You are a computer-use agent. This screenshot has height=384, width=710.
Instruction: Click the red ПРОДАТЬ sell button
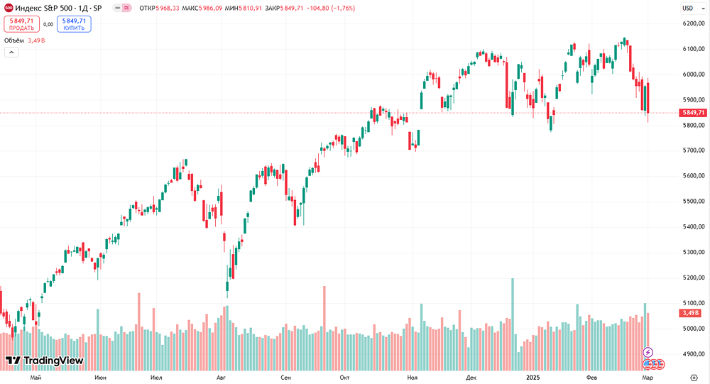click(21, 24)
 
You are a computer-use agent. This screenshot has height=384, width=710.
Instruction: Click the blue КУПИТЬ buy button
click(74, 24)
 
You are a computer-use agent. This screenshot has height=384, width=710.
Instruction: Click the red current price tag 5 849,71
click(693, 113)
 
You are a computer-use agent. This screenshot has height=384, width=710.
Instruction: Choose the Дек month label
click(471, 378)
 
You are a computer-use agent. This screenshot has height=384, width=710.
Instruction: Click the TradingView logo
click(44, 361)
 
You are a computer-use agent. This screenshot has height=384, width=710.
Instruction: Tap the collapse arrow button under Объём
click(11, 53)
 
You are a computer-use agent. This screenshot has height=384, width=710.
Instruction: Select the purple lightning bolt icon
click(648, 352)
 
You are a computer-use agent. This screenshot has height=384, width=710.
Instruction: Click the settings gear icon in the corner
click(694, 378)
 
